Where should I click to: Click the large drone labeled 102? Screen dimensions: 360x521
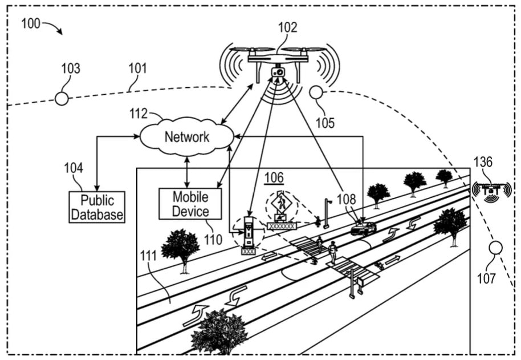(278, 57)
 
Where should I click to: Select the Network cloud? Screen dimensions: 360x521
(187, 137)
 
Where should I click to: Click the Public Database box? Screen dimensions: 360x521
(97, 207)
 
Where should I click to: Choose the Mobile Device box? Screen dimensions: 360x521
(190, 204)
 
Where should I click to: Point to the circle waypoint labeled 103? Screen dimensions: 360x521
(62, 99)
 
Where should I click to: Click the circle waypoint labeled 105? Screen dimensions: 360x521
(316, 92)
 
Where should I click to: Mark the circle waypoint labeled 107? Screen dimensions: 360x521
(496, 248)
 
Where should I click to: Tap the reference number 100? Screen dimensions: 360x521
(31, 24)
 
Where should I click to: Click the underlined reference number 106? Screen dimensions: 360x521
(274, 178)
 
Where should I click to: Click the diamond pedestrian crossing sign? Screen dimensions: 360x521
(281, 203)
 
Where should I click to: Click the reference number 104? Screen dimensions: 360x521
(74, 168)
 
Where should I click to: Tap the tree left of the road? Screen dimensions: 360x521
(181, 246)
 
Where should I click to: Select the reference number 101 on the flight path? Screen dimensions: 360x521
(137, 68)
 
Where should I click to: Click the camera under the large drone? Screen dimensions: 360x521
(278, 73)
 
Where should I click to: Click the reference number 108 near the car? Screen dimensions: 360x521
(346, 199)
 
